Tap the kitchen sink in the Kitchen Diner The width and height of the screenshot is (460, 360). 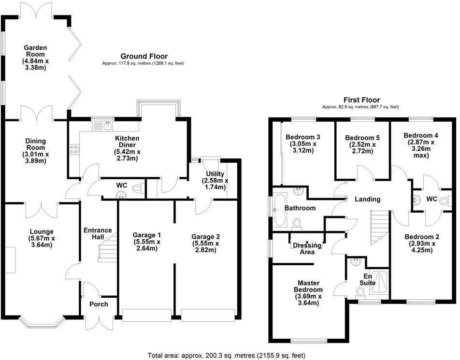click(x=102, y=126)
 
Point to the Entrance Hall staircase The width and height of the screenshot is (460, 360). click(x=107, y=248)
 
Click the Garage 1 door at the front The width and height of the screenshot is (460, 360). click(x=147, y=316)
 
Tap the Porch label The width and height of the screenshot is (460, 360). click(x=99, y=304)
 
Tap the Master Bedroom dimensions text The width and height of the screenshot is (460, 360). click(x=308, y=300)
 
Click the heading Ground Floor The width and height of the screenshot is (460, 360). click(x=144, y=57)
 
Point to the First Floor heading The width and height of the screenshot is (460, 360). click(x=362, y=100)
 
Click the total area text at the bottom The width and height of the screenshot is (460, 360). click(x=227, y=356)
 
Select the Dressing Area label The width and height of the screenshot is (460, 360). click(x=307, y=248)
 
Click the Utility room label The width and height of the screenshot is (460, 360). click(x=215, y=180)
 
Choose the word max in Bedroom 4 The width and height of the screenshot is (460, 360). click(x=421, y=155)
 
